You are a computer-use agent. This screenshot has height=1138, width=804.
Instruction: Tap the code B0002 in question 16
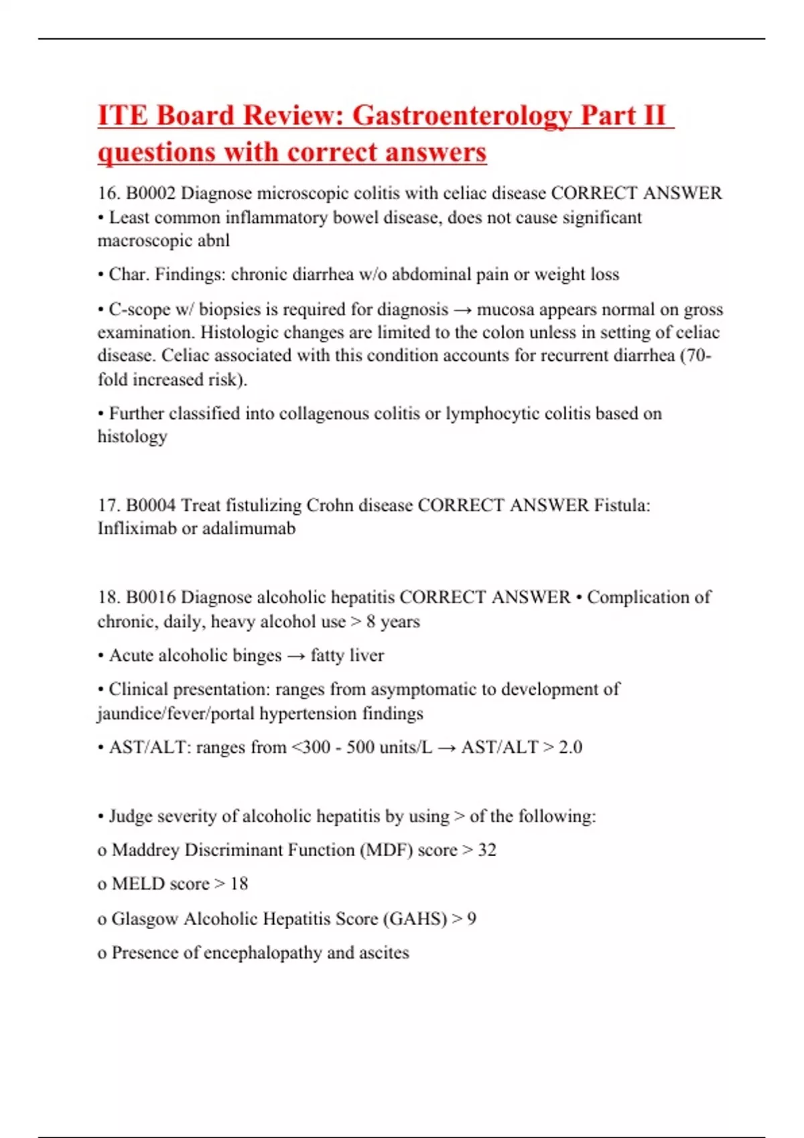(151, 193)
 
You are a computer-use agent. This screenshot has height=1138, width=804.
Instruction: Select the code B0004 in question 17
(151, 505)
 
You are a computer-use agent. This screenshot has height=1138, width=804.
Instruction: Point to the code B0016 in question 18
(151, 597)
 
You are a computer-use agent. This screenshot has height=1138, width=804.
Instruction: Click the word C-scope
(139, 309)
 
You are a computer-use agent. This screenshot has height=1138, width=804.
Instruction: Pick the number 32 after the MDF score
(487, 850)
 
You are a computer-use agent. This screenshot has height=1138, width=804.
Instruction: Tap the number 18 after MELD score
(239, 884)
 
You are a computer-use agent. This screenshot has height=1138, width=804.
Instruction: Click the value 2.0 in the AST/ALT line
(570, 747)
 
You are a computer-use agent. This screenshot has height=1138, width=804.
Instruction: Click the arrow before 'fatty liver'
(295, 656)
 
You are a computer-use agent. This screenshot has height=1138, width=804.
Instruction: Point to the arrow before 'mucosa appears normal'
(462, 310)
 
